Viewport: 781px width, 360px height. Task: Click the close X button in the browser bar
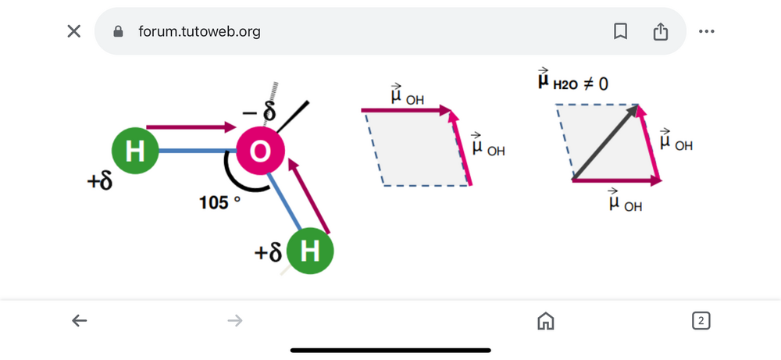[73, 31]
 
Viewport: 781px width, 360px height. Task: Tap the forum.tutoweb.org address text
[199, 32]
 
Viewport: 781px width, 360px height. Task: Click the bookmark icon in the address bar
[621, 31]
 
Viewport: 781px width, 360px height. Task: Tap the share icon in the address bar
[661, 31]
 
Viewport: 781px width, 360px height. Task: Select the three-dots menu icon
[707, 31]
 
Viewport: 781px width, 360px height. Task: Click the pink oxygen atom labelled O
[260, 152]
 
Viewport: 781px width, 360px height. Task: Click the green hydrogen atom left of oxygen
[136, 151]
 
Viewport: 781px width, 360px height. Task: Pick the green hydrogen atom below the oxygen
[310, 251]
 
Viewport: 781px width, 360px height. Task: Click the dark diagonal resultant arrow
[606, 142]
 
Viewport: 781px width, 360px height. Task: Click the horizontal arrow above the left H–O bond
[192, 127]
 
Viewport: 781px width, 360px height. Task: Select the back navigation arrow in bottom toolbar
[79, 320]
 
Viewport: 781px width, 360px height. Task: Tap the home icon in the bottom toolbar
[545, 320]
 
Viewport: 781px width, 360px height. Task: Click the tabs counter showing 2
[701, 320]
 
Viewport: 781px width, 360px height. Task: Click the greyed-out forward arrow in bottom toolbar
[234, 320]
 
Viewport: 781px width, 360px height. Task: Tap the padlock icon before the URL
[119, 32]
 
